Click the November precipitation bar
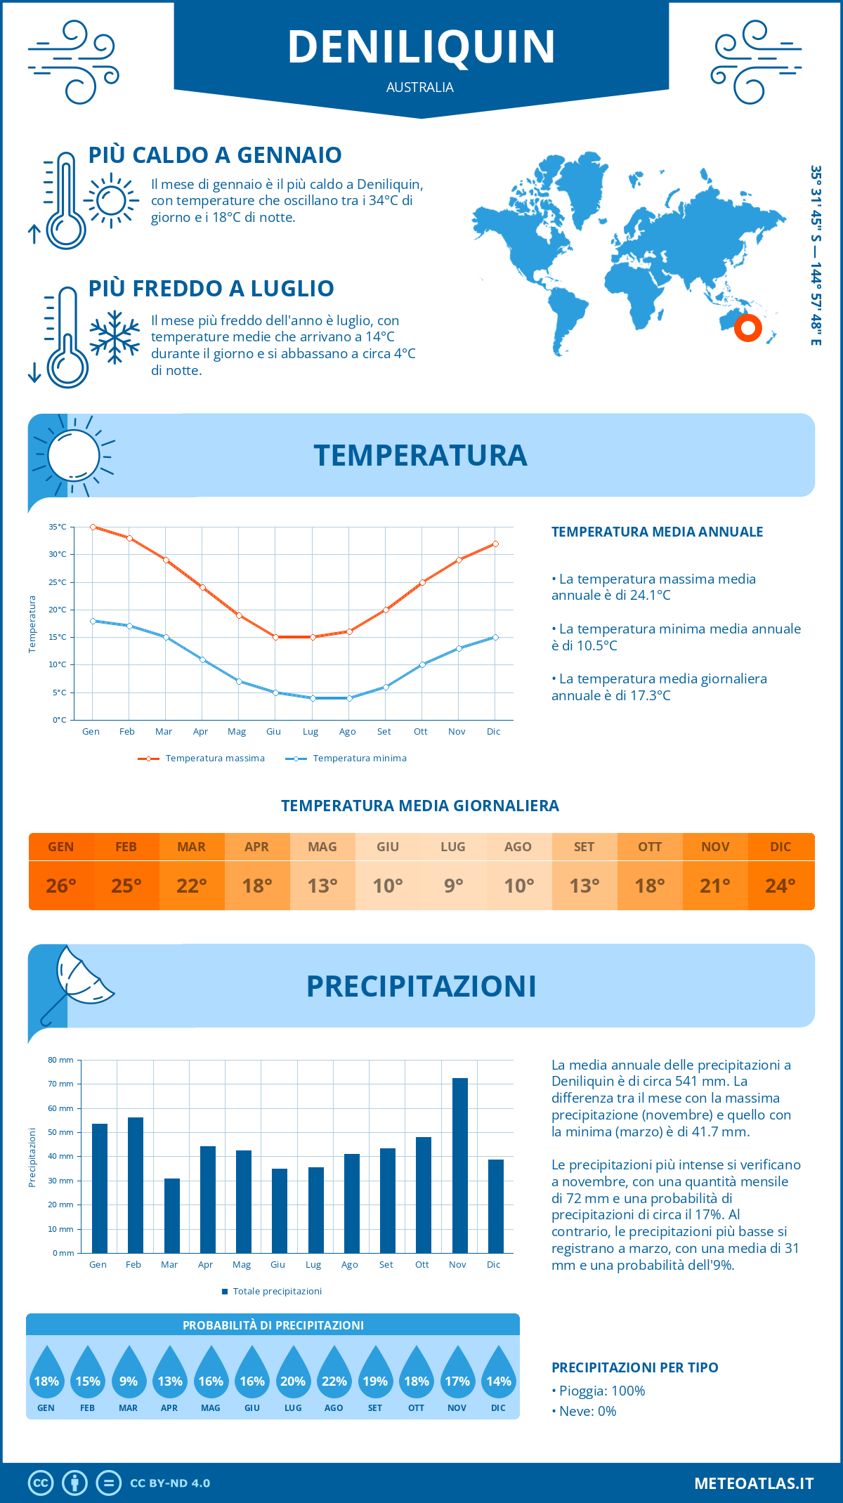click(459, 1166)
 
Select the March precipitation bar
click(172, 1216)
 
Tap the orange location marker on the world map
click(747, 328)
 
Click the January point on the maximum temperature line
click(93, 527)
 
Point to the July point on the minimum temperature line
click(313, 698)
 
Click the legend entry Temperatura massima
click(202, 759)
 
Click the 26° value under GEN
click(61, 886)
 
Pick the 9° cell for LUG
click(453, 886)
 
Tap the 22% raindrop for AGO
click(334, 1377)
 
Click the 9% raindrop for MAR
click(129, 1377)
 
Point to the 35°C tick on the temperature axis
click(58, 527)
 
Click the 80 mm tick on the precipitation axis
click(60, 1060)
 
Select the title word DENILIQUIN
click(421, 47)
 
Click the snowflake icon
click(115, 337)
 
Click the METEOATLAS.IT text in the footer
click(753, 1483)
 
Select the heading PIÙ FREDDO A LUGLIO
click(211, 289)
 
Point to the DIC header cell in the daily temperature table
click(780, 847)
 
